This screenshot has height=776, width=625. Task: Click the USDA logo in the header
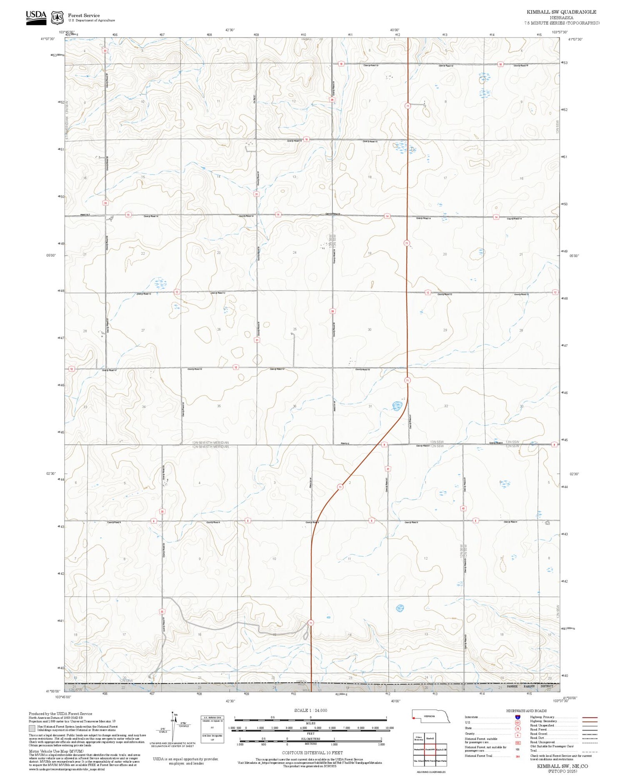click(x=36, y=18)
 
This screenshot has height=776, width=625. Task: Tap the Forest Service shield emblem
click(x=57, y=18)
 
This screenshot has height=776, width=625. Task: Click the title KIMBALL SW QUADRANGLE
click(x=561, y=12)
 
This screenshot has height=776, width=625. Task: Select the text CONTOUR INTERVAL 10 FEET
click(x=312, y=753)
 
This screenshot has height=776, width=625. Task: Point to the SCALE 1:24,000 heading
click(x=310, y=710)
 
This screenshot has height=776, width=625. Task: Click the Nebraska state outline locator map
click(x=431, y=716)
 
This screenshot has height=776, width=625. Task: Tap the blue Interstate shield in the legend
click(x=517, y=717)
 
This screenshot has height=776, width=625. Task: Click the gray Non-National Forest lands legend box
click(x=32, y=728)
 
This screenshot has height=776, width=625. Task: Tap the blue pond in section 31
click(x=396, y=405)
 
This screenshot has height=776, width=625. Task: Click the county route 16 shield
click(x=306, y=139)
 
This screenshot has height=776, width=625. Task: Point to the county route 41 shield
click(x=388, y=468)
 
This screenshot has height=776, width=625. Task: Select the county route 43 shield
click(x=463, y=508)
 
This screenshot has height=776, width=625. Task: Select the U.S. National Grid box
click(x=212, y=727)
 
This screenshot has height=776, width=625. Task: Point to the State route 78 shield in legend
click(x=517, y=728)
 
